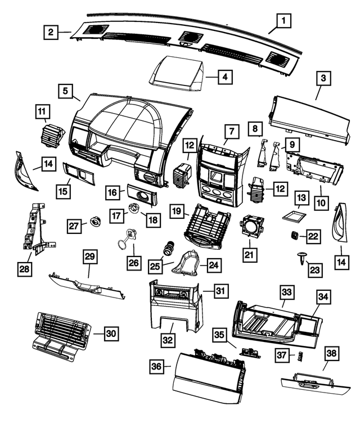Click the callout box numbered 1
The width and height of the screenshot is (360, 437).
(x=283, y=22)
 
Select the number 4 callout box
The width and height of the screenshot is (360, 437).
(x=224, y=76)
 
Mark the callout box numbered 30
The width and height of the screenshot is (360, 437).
(x=111, y=334)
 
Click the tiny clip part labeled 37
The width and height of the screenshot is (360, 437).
(x=300, y=355)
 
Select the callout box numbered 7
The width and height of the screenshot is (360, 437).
(x=231, y=131)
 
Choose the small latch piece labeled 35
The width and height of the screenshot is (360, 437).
(x=247, y=350)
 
